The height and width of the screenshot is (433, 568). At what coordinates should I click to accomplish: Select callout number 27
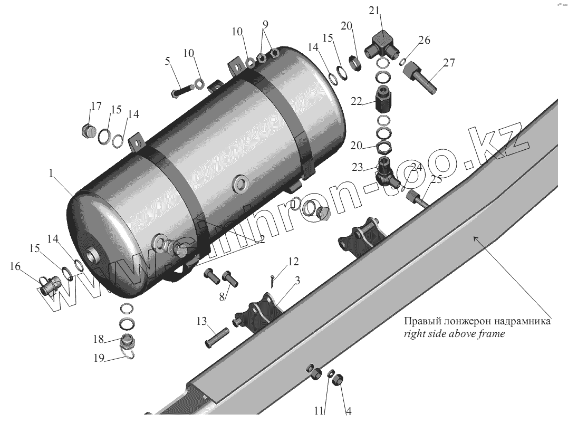(x=449, y=63)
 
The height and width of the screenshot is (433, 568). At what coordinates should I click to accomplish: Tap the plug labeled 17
(x=88, y=129)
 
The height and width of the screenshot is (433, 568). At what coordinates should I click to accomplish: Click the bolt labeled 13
(x=216, y=336)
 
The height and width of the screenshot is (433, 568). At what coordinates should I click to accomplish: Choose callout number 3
(x=297, y=280)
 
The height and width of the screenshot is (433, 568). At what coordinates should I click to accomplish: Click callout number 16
(x=14, y=267)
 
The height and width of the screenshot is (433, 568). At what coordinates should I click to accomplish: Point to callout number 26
(x=425, y=40)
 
